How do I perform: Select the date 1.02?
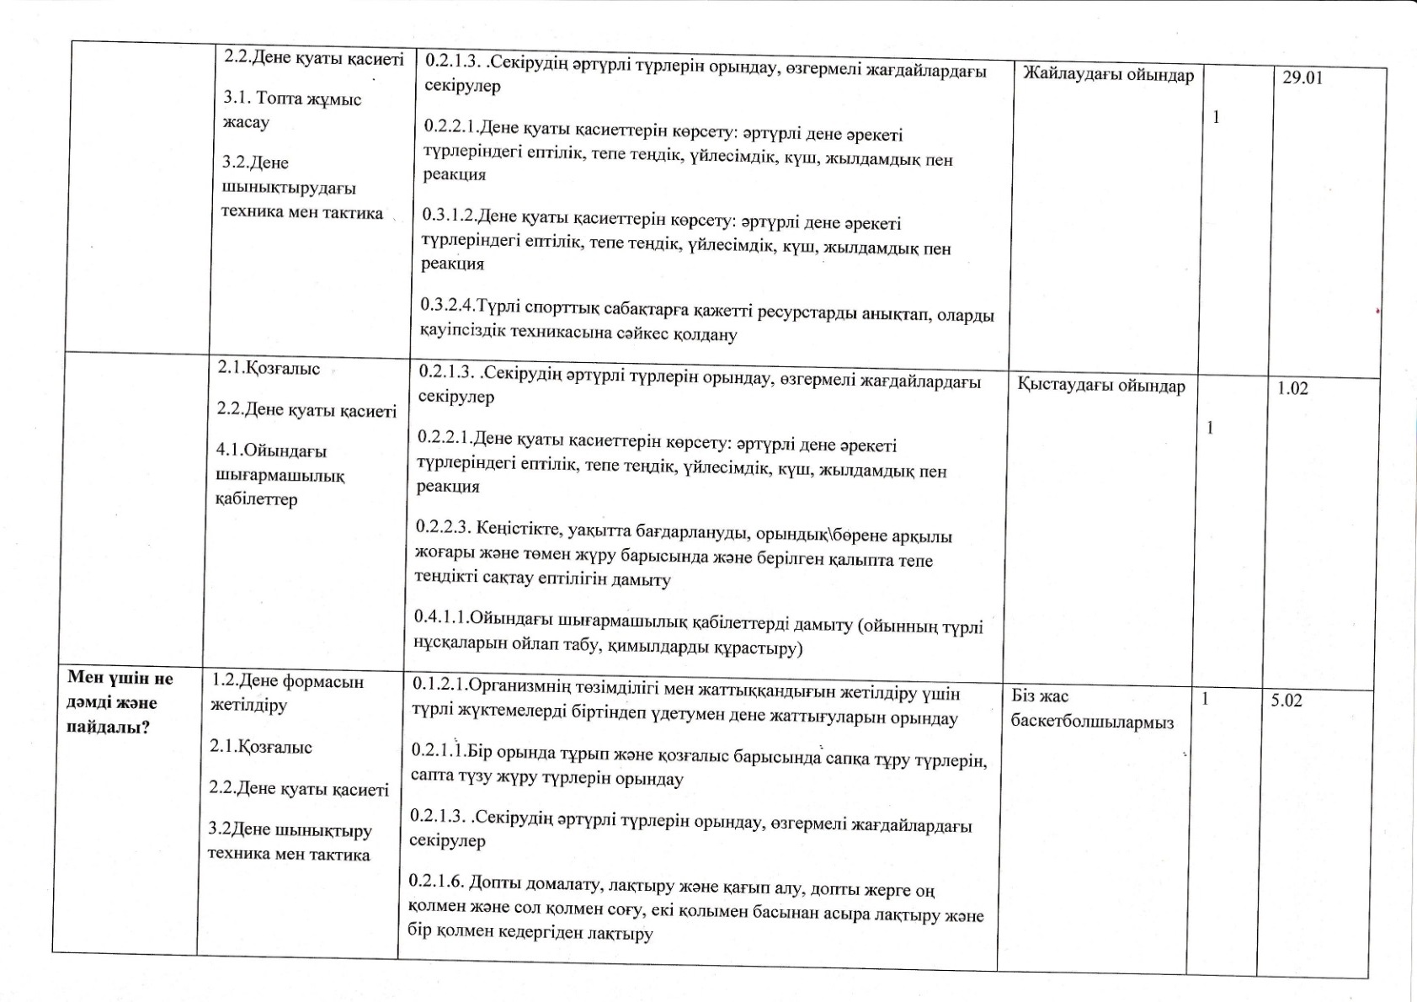click(1292, 388)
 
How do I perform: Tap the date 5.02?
click(1286, 700)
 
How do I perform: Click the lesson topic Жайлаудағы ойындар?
click(1108, 75)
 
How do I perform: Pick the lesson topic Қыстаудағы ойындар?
click(1100, 386)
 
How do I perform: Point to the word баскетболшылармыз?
click(1091, 722)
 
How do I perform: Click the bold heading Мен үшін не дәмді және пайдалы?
click(120, 702)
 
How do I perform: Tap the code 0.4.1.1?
click(441, 617)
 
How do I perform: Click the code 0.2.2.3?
click(444, 528)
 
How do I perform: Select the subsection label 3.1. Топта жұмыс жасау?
click(291, 110)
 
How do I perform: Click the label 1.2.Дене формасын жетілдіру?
click(287, 693)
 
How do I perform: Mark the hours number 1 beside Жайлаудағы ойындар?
click(1216, 118)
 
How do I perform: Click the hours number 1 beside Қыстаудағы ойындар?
click(1210, 428)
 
